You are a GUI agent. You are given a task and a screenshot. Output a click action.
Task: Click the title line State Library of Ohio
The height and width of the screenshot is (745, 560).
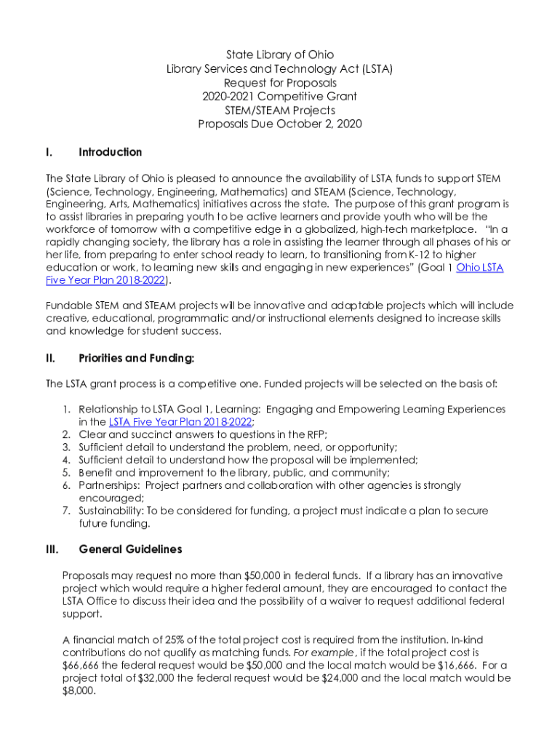tap(280, 55)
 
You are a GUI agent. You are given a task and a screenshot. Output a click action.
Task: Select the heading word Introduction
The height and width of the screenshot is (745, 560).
tap(110, 152)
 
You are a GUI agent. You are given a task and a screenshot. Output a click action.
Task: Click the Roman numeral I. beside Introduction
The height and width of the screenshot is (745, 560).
tap(48, 152)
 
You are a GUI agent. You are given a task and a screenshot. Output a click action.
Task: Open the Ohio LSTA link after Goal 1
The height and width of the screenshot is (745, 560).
tap(479, 268)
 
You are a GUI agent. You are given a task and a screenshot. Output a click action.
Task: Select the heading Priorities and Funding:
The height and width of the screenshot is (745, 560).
tap(136, 358)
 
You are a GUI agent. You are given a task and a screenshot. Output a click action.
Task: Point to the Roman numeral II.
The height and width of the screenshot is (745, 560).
tap(50, 358)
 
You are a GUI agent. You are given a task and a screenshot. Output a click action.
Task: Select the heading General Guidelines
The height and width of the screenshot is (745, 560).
tap(130, 549)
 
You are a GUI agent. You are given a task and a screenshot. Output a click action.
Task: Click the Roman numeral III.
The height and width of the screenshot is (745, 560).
tap(52, 549)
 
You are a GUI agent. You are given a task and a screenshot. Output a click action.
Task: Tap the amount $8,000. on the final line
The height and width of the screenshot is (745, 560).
tap(80, 691)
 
